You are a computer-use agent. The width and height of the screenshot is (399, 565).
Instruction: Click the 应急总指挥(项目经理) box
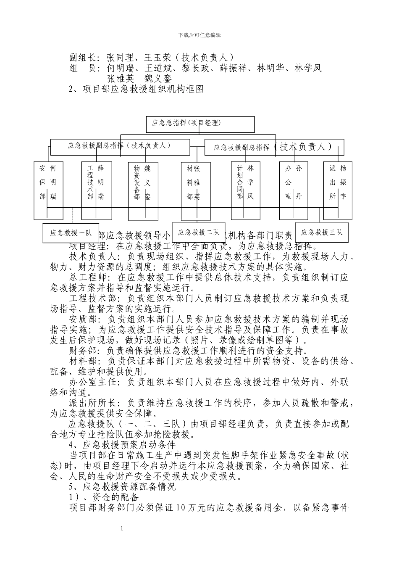click(x=200, y=124)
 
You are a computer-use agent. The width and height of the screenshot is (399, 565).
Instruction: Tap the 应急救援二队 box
click(x=198, y=232)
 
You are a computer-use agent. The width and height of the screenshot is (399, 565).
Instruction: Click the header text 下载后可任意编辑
click(x=199, y=35)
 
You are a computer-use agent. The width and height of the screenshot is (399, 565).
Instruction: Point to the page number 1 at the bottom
click(x=121, y=528)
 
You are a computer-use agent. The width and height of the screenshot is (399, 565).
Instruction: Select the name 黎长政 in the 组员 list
click(x=196, y=68)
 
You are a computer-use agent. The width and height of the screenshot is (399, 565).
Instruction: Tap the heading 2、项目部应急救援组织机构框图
click(x=136, y=89)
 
